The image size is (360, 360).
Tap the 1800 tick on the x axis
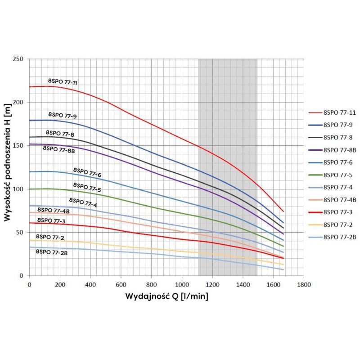(x=303, y=285)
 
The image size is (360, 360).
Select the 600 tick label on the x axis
(x=121, y=285)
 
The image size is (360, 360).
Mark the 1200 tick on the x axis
(x=212, y=285)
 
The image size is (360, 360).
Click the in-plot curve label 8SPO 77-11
(x=63, y=81)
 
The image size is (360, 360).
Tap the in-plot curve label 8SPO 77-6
(x=87, y=171)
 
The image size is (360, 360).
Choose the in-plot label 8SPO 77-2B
(x=52, y=252)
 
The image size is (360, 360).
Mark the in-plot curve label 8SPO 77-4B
(x=53, y=210)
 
